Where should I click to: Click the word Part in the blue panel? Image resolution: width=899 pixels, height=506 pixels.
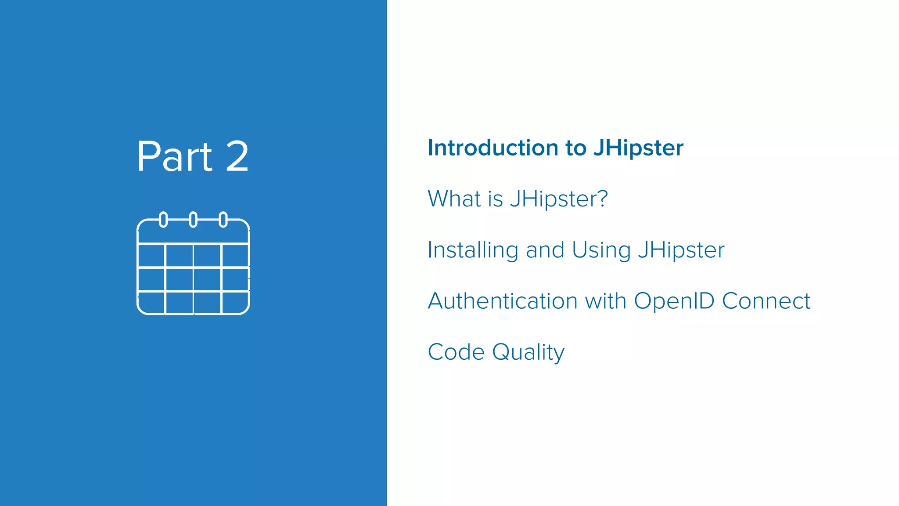(175, 156)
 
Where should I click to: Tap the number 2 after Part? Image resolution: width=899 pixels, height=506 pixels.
(237, 156)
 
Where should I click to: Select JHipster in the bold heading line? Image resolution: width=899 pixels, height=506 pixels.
(638, 148)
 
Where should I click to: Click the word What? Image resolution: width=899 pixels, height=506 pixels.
(454, 199)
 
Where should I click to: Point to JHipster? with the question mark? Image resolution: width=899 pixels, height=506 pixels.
(559, 199)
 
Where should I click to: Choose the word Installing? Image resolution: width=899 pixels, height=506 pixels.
(473, 250)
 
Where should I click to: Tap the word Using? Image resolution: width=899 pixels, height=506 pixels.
(601, 251)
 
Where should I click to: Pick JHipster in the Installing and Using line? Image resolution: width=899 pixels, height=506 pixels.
(681, 250)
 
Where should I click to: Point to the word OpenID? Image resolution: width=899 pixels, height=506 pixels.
(674, 302)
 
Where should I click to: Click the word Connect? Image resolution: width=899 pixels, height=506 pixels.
(766, 301)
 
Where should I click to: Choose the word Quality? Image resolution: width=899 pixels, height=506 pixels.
(528, 353)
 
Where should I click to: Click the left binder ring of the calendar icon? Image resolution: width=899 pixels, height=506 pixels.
(163, 219)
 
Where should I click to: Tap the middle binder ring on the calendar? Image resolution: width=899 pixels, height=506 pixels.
(193, 219)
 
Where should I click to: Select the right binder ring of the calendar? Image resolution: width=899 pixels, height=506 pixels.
(223, 219)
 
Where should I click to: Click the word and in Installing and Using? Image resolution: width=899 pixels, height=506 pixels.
(545, 250)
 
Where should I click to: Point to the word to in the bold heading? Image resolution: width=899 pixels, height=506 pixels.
(576, 148)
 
